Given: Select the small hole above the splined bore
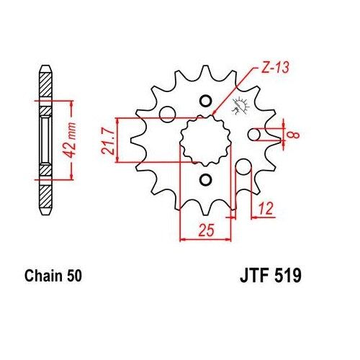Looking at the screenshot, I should [x=204, y=100].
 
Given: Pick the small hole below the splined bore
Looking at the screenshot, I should [x=204, y=178].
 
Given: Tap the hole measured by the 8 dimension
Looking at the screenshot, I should [x=254, y=135].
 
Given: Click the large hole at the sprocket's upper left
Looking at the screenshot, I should [x=167, y=113].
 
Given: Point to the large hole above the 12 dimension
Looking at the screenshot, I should [x=243, y=166].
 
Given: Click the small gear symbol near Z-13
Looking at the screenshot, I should [x=237, y=110].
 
